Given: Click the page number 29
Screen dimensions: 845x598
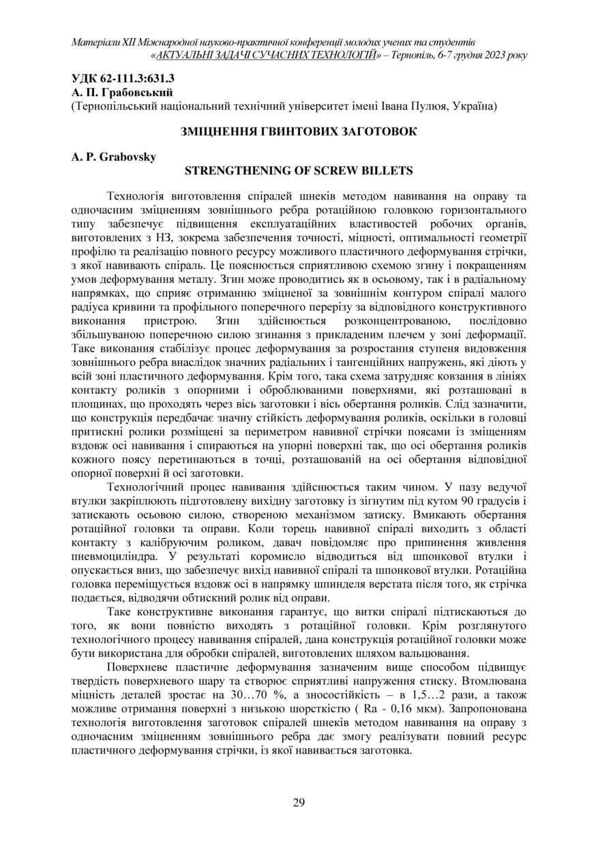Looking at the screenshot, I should [299, 802].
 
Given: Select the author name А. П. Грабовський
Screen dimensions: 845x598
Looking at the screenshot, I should [122, 92].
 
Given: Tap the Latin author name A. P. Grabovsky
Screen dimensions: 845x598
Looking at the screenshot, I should [113, 157].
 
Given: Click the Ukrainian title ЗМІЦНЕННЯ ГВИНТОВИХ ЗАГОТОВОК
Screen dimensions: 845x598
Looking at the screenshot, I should [298, 131].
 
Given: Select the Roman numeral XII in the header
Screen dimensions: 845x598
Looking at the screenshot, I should [127, 43].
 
